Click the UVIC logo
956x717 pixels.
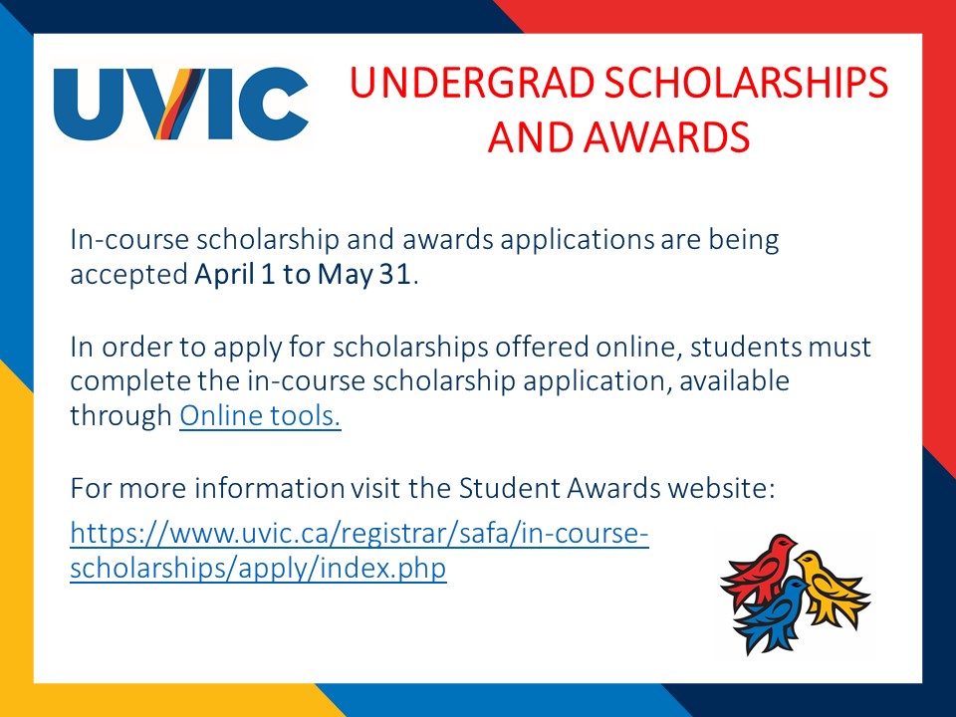click(181, 104)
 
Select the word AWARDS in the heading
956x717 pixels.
click(666, 136)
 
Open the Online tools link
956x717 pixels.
click(260, 416)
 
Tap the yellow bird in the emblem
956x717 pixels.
click(832, 587)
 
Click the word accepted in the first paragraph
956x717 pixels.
click(128, 275)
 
